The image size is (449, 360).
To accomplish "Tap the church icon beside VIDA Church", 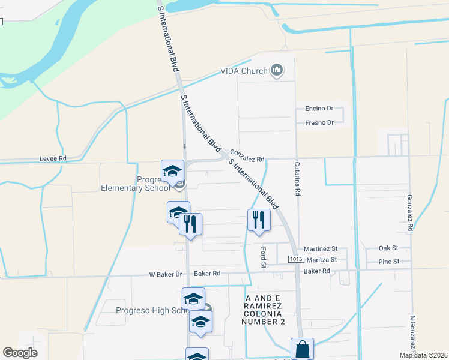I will pos(277,71).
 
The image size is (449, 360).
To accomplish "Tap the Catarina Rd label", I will pos(297,178).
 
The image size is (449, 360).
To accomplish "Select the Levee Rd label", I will pos(52,158).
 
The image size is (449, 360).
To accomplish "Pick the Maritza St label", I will pos(322,260).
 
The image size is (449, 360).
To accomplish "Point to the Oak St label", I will pos(388,248).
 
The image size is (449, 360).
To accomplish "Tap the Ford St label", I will pos(263,257).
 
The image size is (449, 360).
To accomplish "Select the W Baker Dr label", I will pos(166,274).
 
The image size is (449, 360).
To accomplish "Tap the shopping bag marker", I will pos(302,349).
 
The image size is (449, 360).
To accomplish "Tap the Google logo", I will pos(20,352).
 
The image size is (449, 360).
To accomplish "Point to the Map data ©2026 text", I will pos(423,355).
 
